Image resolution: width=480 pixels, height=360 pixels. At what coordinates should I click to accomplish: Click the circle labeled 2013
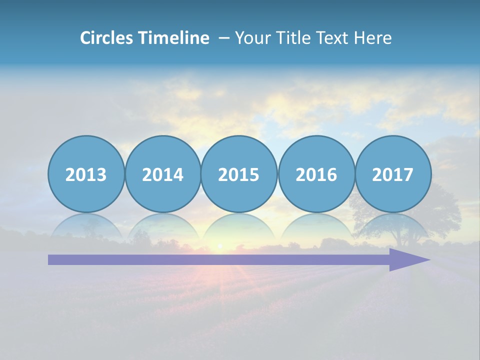86,174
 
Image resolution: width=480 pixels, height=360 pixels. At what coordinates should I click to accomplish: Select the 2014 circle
162,174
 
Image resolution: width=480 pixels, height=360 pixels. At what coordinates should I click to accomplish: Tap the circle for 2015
239,174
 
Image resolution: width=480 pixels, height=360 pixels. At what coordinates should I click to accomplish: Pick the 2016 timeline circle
316,174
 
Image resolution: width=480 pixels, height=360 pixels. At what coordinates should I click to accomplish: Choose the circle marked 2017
392,174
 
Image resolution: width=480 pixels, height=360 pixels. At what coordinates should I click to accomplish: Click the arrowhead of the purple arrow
407,259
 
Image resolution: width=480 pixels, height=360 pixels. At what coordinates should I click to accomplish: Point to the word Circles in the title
106,37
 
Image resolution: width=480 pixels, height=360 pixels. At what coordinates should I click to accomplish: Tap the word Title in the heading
292,37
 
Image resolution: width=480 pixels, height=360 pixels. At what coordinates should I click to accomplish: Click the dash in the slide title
224,37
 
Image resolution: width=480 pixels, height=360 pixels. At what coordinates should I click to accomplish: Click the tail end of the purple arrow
53,259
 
